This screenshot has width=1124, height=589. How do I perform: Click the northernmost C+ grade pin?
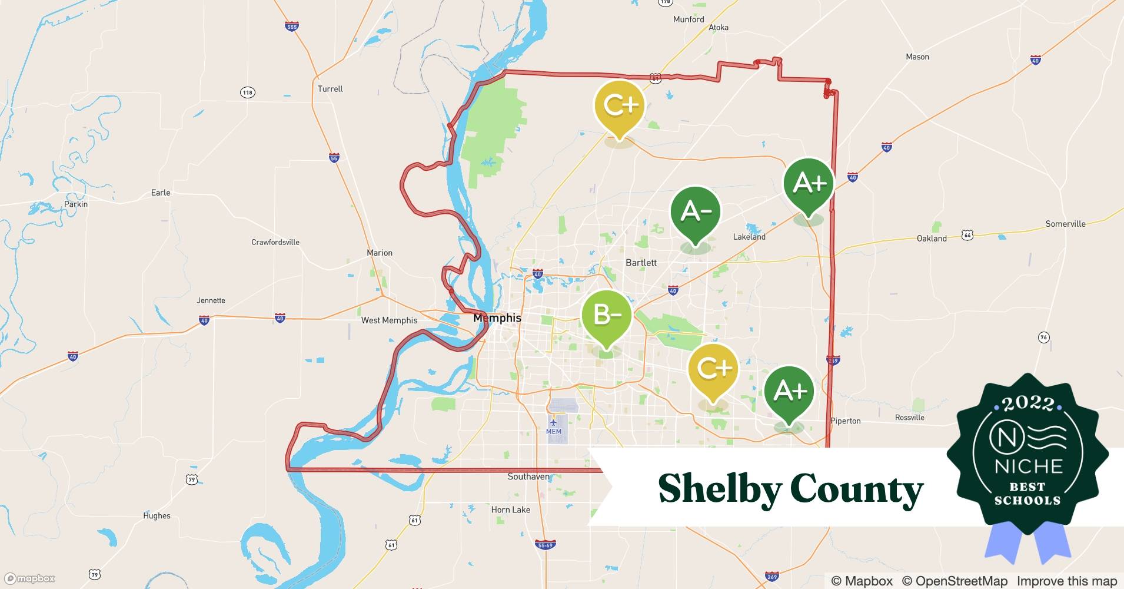620,107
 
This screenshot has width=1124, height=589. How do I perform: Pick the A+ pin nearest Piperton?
789,392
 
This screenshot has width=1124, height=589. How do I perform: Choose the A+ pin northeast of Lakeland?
809,184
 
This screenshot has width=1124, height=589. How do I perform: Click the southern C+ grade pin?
713,369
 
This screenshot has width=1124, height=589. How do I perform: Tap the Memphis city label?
497,318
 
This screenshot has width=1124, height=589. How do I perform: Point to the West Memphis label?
389,320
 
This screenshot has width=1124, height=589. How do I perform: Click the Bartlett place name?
641,263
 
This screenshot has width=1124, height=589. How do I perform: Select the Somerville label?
1065,224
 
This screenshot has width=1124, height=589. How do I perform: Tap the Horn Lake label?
510,509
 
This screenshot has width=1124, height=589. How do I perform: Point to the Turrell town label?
330,89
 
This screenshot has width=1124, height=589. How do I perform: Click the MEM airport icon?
553,422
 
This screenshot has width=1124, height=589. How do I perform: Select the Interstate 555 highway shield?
291,27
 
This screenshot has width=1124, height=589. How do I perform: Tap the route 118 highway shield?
247,92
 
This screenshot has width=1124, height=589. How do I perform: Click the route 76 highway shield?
1043,337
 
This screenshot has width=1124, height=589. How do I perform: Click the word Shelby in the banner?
719,489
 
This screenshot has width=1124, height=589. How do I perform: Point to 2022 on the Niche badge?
1027,403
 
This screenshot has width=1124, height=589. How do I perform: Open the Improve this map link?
1066,581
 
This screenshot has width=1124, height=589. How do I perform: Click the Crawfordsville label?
275,242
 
